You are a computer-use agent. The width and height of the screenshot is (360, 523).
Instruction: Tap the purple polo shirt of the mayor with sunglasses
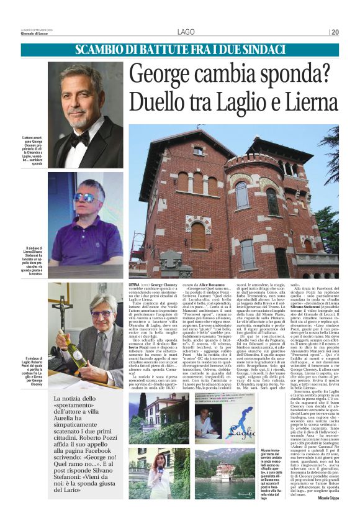click(x=88, y=239)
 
